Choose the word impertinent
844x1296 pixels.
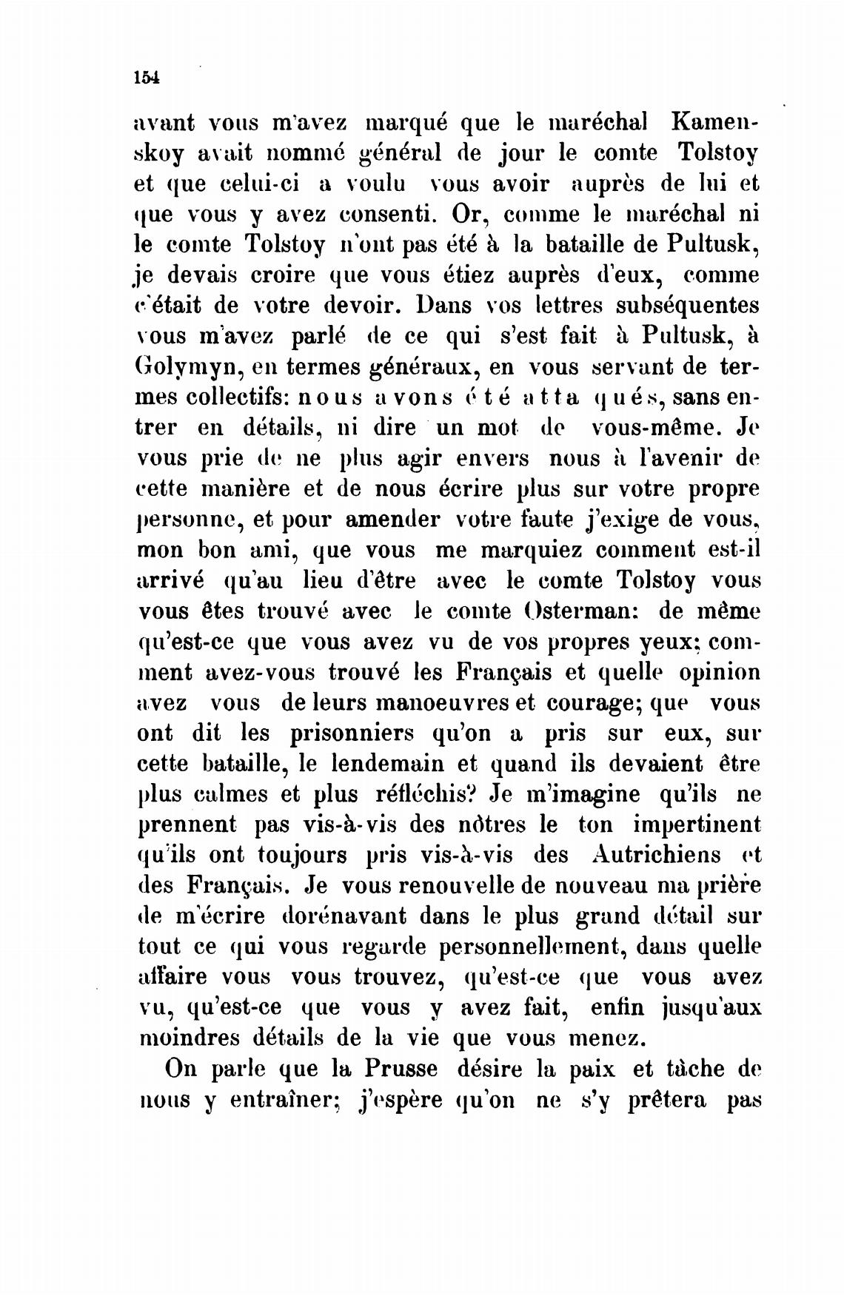pos(697,824)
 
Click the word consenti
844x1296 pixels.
pos(393,214)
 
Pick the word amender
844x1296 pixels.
pos(392,520)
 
